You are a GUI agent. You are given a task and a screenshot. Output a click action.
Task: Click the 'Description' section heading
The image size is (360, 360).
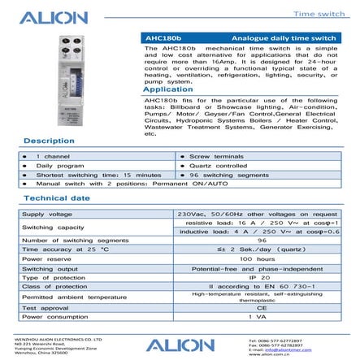(x=49, y=140)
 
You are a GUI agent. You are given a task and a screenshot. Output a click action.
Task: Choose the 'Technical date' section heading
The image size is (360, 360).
(x=57, y=197)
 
